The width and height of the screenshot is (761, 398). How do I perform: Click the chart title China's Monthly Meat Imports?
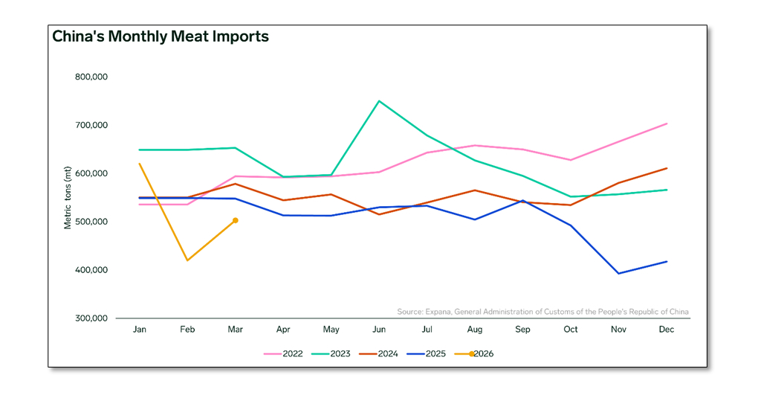pyautogui.click(x=161, y=36)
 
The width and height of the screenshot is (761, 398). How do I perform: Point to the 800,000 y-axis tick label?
pyautogui.click(x=91, y=77)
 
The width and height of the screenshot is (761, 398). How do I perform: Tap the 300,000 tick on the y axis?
pyautogui.click(x=91, y=318)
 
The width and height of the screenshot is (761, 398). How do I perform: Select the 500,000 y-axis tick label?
pyautogui.click(x=91, y=222)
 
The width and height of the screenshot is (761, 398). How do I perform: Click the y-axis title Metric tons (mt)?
pyautogui.click(x=68, y=197)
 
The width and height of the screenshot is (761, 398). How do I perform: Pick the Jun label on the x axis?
pyautogui.click(x=379, y=330)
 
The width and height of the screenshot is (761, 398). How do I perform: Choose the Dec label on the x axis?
pyautogui.click(x=667, y=330)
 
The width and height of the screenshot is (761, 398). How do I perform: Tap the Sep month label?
pyautogui.click(x=523, y=330)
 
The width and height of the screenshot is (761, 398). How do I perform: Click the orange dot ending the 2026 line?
pyautogui.click(x=236, y=220)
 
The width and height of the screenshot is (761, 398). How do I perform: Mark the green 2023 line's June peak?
pyautogui.click(x=379, y=101)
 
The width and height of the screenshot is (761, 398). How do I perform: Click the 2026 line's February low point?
pyautogui.click(x=187, y=260)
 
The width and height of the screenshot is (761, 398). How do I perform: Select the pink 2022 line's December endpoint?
pyautogui.click(x=667, y=123)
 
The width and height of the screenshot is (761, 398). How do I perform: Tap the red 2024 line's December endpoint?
pyautogui.click(x=667, y=168)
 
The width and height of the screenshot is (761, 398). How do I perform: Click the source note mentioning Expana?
pyautogui.click(x=543, y=311)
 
